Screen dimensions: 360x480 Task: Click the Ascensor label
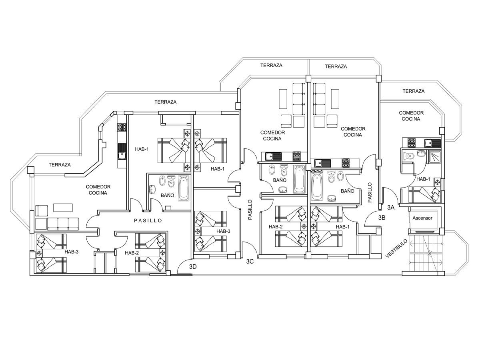pyautogui.click(x=422, y=218)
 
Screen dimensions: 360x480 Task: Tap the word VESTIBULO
pyautogui.click(x=397, y=248)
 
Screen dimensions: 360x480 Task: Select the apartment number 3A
pyautogui.click(x=391, y=207)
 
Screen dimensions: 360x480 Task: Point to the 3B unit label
pyautogui.click(x=382, y=218)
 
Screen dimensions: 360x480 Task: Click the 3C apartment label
pyautogui.click(x=250, y=262)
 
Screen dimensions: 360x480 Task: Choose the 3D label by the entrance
pyautogui.click(x=193, y=267)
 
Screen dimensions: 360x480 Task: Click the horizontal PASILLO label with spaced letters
pyautogui.click(x=148, y=220)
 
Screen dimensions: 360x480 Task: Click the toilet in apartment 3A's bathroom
pyautogui.click(x=408, y=156)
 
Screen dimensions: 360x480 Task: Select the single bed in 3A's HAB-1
pyautogui.click(x=424, y=195)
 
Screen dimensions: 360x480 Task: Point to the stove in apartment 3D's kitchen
pyautogui.click(x=121, y=127)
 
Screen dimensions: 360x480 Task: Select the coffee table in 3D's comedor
pyautogui.click(x=63, y=207)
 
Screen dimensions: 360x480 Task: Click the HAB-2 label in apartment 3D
pyautogui.click(x=132, y=253)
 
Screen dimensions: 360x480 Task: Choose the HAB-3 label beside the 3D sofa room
pyautogui.click(x=72, y=252)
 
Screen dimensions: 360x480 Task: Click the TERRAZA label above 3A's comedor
pyautogui.click(x=413, y=91)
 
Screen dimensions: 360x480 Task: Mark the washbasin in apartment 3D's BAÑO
pyautogui.click(x=153, y=189)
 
